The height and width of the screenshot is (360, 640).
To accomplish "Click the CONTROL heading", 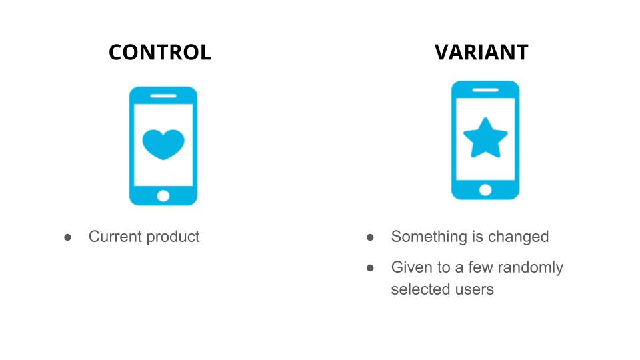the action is tap(160, 52).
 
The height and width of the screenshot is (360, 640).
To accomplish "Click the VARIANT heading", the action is tap(481, 52).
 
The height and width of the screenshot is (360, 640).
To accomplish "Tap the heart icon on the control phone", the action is tap(163, 145).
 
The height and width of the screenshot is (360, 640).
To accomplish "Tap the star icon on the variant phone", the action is tap(485, 138).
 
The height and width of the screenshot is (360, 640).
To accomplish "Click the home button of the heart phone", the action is tap(163, 196).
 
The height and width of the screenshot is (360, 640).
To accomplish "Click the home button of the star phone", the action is tap(485, 190).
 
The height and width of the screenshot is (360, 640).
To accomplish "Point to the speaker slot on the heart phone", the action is tap(163, 96).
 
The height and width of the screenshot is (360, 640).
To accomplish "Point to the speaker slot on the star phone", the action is tap(485, 90).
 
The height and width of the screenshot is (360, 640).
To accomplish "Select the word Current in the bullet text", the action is tap(115, 237).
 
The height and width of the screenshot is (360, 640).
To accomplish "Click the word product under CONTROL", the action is tap(173, 237).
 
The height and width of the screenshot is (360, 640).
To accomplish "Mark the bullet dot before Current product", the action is tap(68, 237).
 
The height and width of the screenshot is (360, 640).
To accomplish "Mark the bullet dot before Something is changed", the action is tap(370, 237).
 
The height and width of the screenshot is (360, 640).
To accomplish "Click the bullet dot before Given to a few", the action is tap(370, 268).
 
